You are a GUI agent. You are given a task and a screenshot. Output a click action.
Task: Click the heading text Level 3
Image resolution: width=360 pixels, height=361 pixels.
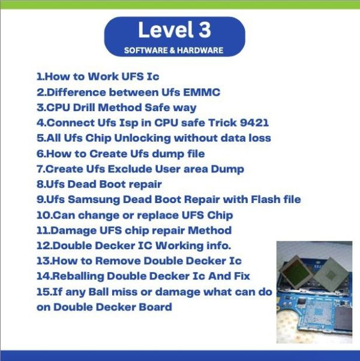coord(175,30)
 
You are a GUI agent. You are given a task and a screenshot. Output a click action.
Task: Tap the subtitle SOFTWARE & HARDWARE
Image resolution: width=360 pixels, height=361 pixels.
coord(175,50)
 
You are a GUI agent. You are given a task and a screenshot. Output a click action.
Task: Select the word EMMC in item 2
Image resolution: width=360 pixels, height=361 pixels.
coord(203,93)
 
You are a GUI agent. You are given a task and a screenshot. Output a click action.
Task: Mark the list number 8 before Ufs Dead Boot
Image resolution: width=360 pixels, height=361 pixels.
coord(40,184)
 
